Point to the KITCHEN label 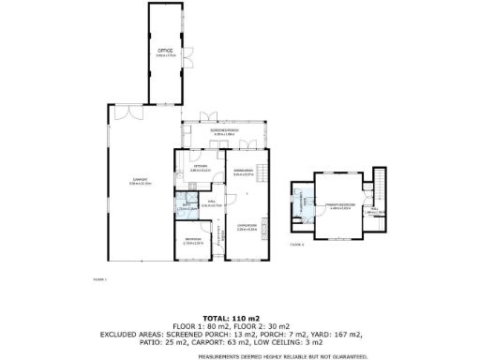(199, 168)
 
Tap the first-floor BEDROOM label (194, 241)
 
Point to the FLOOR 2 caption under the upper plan (297, 244)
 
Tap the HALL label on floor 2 (373, 211)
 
